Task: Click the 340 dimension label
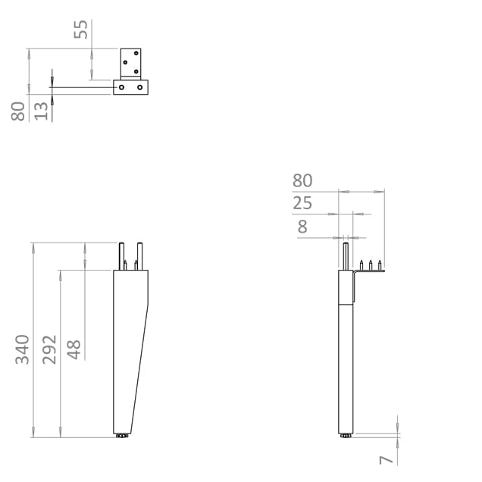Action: click(x=23, y=349)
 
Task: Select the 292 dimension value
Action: click(x=50, y=349)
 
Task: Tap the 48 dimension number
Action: click(x=74, y=349)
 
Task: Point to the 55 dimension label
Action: click(x=80, y=30)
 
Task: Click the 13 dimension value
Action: click(x=42, y=110)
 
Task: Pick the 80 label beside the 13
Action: click(x=19, y=111)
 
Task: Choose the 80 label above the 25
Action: click(x=302, y=180)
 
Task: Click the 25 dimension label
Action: click(x=302, y=203)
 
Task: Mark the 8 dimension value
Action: click(x=303, y=226)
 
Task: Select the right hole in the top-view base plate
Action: click(x=139, y=88)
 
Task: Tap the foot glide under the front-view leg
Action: click(x=121, y=437)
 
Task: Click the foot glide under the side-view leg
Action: click(x=346, y=437)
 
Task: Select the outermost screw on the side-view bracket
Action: click(x=380, y=264)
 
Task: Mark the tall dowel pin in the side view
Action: click(x=346, y=254)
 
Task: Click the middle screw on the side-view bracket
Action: click(x=371, y=264)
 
